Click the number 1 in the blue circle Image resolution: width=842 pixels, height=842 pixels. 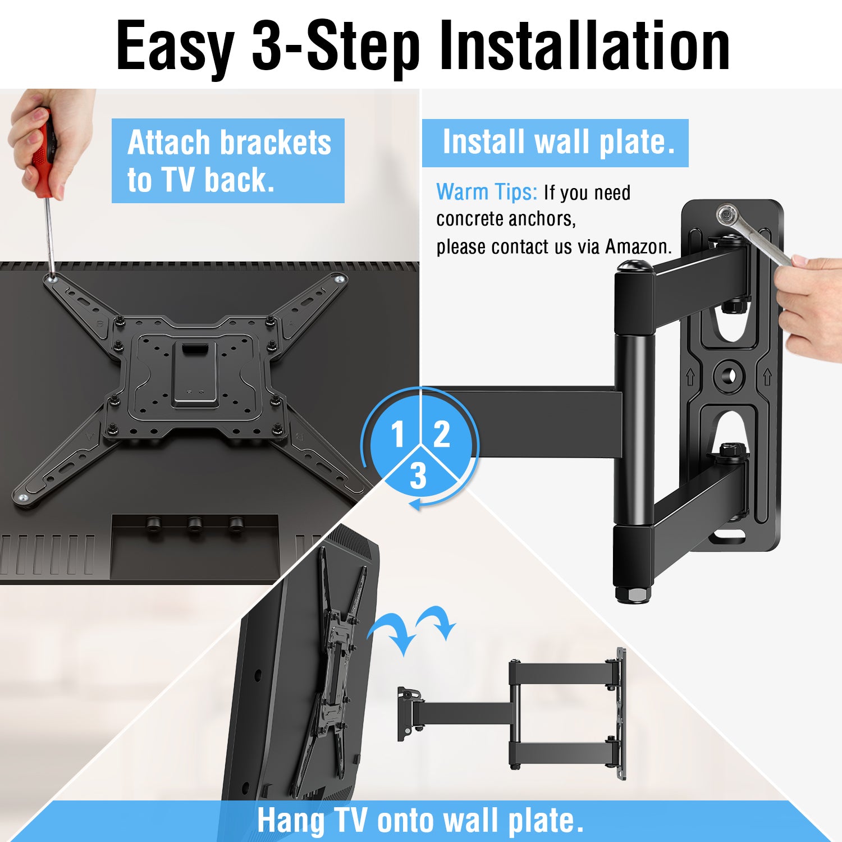click(x=398, y=434)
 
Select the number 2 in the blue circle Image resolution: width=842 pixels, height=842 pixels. click(x=442, y=434)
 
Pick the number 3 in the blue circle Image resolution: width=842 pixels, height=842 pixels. click(x=418, y=476)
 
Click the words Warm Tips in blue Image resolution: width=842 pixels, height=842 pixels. click(x=487, y=192)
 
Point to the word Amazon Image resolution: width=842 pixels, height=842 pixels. click(x=638, y=246)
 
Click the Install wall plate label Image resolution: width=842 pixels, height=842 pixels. click(x=555, y=143)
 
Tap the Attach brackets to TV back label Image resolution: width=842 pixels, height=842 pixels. click(x=228, y=161)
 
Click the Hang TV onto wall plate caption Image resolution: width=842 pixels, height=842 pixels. click(x=420, y=821)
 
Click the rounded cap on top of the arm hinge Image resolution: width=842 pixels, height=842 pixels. click(x=634, y=267)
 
